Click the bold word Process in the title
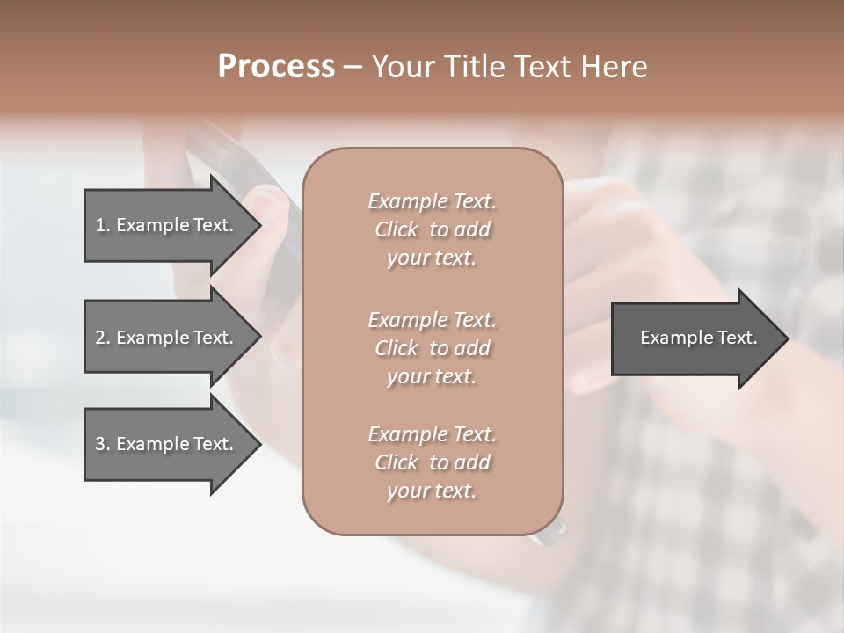(276, 67)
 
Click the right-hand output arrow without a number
(695, 338)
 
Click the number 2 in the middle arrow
(101, 338)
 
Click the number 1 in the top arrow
(101, 225)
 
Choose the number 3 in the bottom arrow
(101, 444)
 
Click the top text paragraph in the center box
(432, 229)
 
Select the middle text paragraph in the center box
(432, 348)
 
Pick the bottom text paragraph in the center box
(432, 462)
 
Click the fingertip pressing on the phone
(269, 207)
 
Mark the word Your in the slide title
(400, 67)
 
